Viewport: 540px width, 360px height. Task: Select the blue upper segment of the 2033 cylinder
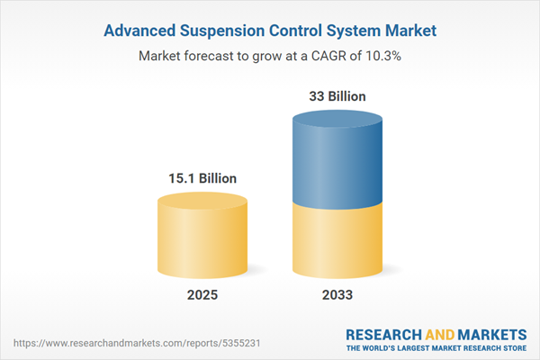pos(339,162)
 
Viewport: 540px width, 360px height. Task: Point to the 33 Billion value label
pos(339,95)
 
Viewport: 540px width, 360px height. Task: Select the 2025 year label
pos(203,295)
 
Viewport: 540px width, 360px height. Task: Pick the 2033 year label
pos(339,295)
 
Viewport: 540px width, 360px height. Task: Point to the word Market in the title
pos(412,31)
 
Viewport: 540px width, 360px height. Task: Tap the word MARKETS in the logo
pos(490,334)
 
